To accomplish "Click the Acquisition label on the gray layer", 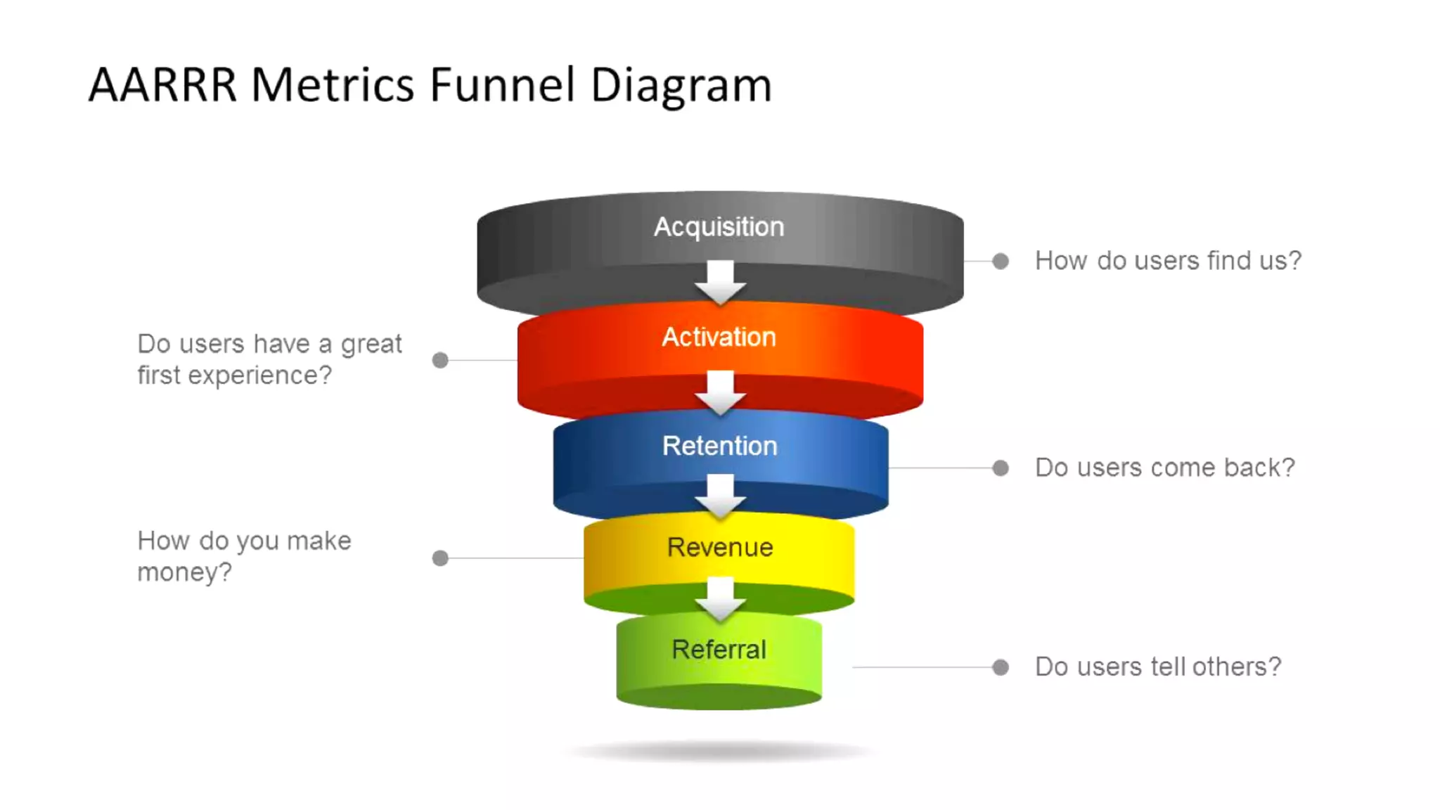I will (719, 227).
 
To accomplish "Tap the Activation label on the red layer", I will (719, 337).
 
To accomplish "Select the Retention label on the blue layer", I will (719, 446).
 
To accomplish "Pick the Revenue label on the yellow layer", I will (719, 548).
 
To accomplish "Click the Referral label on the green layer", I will (719, 650).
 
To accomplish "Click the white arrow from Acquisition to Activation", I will (720, 282).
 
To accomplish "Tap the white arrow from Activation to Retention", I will (720, 392).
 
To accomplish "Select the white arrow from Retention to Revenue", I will (720, 496).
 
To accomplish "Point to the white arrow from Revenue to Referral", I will (720, 599).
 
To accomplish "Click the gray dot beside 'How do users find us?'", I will (1000, 262).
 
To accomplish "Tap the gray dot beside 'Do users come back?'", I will (1000, 468).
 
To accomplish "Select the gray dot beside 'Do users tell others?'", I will (1000, 667).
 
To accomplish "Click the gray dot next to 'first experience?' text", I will (440, 361).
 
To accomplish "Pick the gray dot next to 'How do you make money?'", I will (440, 558).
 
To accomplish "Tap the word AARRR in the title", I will (162, 86).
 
